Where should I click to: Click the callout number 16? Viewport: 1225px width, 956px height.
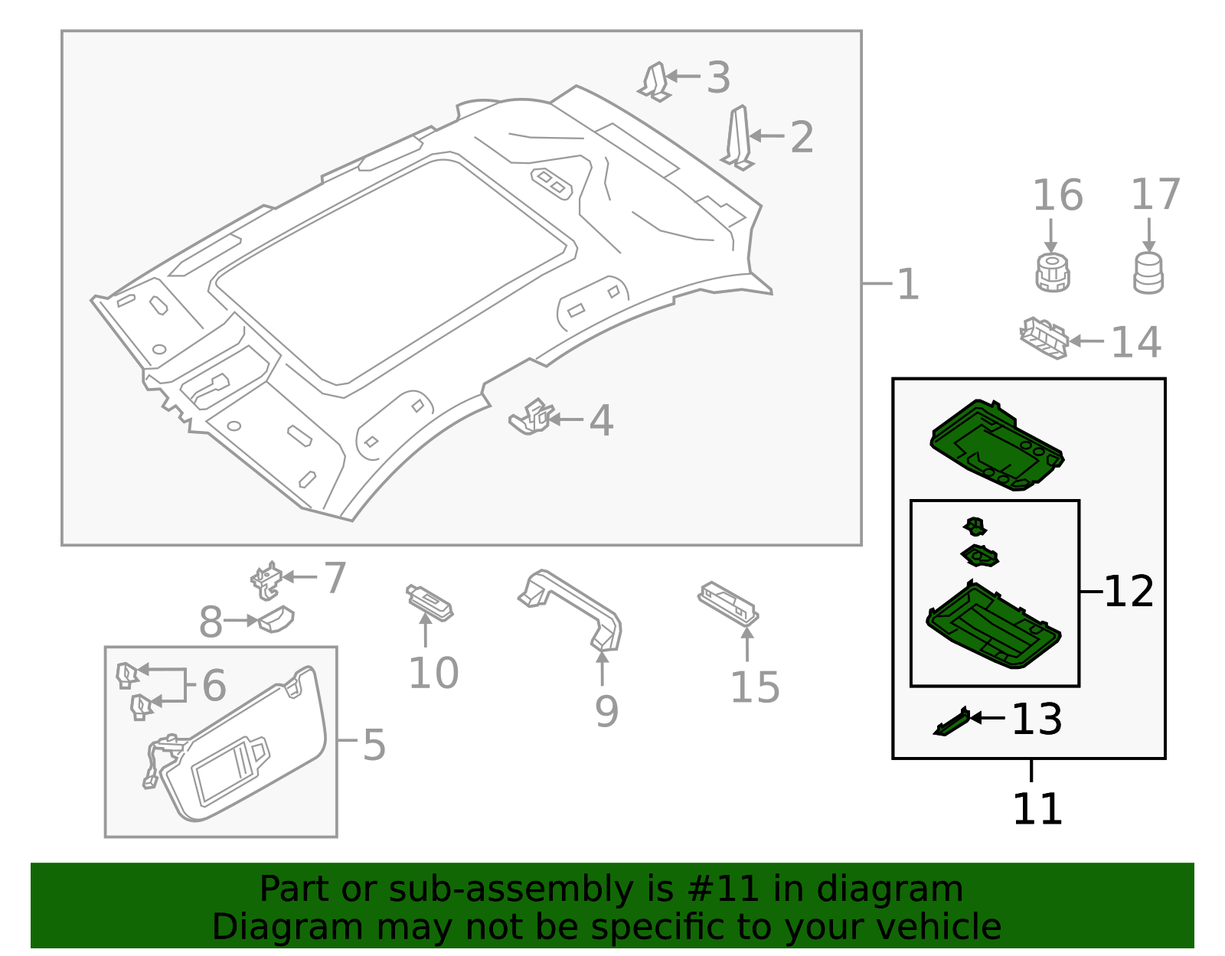(x=1057, y=196)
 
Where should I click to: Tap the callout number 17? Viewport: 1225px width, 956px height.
(x=1155, y=195)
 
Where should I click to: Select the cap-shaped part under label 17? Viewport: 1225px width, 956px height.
(x=1148, y=273)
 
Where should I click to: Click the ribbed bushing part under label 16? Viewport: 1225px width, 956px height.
(x=1053, y=273)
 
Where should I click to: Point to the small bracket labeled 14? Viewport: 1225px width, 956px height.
(x=1044, y=338)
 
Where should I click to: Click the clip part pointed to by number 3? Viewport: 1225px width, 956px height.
(x=656, y=82)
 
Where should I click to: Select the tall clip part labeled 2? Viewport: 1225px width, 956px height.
(x=739, y=138)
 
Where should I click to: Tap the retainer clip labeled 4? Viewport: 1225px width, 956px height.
(x=532, y=417)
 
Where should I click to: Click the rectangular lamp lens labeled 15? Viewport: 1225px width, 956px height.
(x=728, y=602)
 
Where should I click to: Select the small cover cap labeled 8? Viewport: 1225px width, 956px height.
(x=277, y=618)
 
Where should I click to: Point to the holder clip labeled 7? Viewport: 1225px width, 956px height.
(x=267, y=580)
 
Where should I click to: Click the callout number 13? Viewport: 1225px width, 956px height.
(x=1037, y=719)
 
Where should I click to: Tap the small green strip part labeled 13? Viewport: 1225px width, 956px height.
(x=952, y=722)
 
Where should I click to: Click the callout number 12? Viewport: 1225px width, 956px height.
(x=1129, y=592)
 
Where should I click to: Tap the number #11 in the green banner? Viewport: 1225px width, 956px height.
(x=724, y=889)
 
